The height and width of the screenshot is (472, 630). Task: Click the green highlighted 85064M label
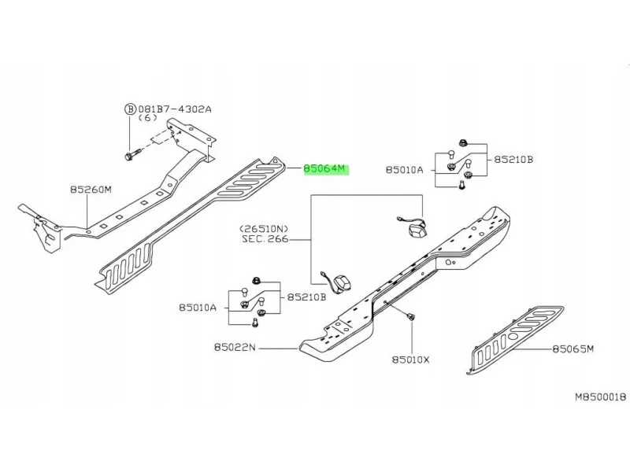click(326, 169)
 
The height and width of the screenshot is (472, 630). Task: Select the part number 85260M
click(91, 189)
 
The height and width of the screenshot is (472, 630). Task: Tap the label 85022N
click(235, 347)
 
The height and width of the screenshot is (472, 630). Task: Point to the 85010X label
click(410, 360)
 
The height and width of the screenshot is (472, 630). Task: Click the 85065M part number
click(573, 348)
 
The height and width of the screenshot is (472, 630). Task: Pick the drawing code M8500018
click(601, 397)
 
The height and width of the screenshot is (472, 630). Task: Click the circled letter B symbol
click(130, 109)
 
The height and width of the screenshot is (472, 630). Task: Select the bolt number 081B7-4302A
click(175, 109)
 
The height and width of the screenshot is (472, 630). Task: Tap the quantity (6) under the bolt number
click(147, 118)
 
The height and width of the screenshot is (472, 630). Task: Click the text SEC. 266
click(265, 239)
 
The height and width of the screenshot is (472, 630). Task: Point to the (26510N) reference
click(264, 229)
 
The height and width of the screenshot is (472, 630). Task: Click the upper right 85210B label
click(513, 160)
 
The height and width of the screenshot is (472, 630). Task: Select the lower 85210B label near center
click(306, 297)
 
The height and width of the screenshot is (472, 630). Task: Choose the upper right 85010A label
click(405, 170)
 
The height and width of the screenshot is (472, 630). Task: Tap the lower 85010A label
click(198, 308)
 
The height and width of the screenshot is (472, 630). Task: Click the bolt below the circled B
click(132, 155)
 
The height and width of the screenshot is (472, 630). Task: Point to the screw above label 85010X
click(410, 317)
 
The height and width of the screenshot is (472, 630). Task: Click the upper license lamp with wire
click(412, 227)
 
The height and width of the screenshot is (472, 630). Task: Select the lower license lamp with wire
click(338, 282)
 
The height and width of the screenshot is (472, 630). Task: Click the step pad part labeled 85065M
click(516, 339)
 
